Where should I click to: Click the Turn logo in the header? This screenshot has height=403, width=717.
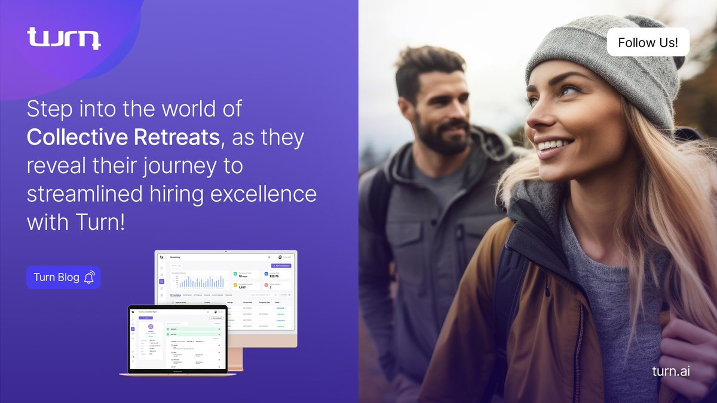point(64,38)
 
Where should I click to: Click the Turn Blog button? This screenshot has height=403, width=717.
point(63,277)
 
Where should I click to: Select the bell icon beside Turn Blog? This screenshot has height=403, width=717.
point(90,277)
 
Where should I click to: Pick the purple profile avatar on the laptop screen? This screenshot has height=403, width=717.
point(151,327)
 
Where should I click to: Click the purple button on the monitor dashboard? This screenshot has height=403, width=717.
point(281,265)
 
